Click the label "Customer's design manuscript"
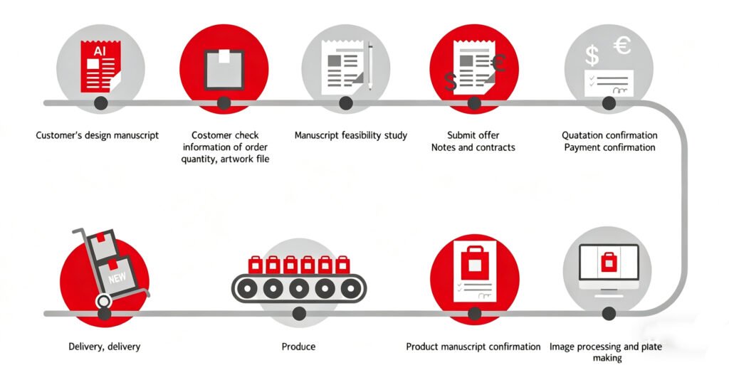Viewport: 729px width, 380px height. [x=98, y=135]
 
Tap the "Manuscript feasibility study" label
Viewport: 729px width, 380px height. [x=351, y=135]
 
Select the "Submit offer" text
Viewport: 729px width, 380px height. [x=473, y=135]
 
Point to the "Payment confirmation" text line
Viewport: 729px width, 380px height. [x=609, y=147]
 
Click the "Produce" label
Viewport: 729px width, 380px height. [x=298, y=347]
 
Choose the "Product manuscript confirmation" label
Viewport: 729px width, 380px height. [x=473, y=347]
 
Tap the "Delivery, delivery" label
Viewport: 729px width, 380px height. [x=104, y=347]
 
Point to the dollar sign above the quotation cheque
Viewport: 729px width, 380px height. [x=591, y=53]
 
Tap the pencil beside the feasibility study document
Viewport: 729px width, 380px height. [x=370, y=67]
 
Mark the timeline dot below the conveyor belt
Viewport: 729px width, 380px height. [x=299, y=313]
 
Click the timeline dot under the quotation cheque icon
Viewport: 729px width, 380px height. [x=609, y=103]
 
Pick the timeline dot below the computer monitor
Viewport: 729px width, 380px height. [x=609, y=313]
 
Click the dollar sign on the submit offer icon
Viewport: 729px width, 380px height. [x=450, y=81]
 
